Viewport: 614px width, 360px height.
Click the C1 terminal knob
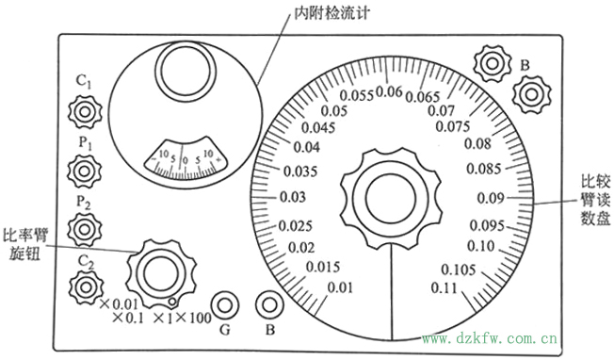[x=84, y=112]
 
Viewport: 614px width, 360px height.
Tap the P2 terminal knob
[x=84, y=228]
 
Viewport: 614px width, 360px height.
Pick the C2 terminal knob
[x=84, y=285]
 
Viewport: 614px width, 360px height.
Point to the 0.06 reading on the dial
[x=389, y=92]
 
